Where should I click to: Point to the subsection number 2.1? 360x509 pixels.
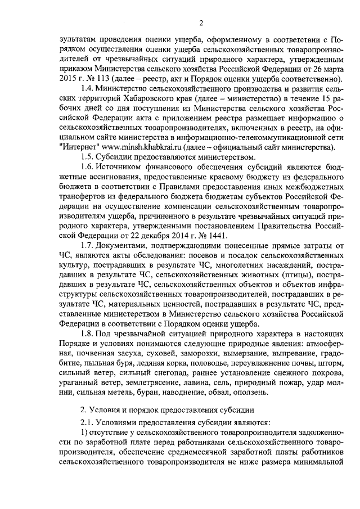point(88,422)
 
